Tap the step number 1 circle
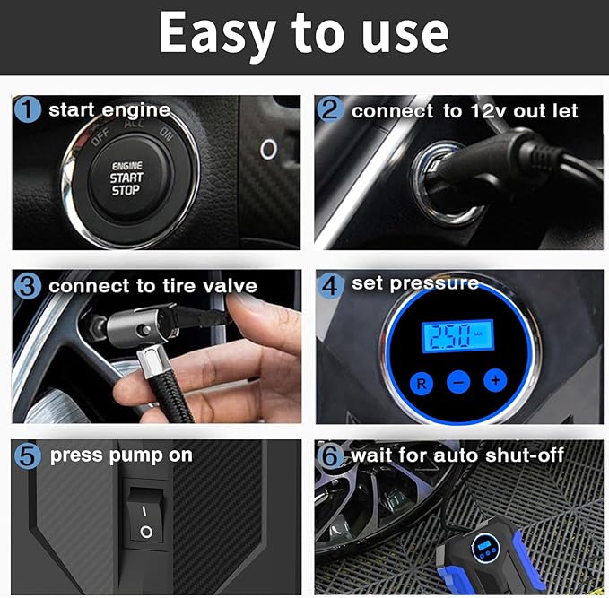(29, 110)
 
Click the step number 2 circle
(331, 110)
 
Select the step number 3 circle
(29, 286)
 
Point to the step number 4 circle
(331, 284)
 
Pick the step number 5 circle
(29, 455)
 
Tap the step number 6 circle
(331, 455)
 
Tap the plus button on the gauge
(494, 380)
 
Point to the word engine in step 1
(134, 110)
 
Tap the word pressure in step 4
(433, 284)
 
